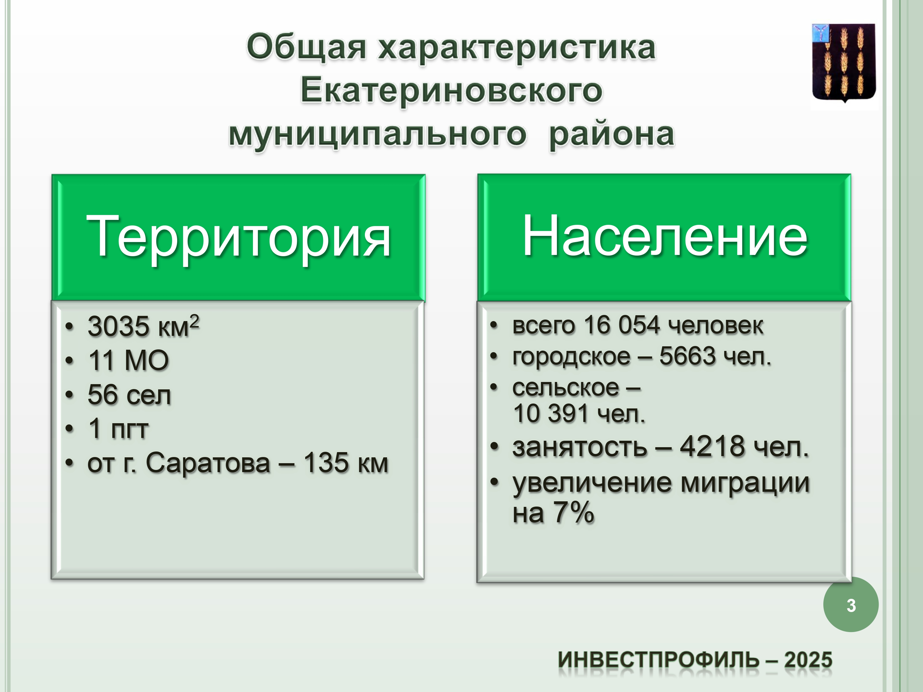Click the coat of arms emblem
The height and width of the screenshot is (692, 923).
tap(843, 63)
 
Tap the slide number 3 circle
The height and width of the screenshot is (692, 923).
tap(851, 605)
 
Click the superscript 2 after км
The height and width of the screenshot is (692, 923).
tap(194, 322)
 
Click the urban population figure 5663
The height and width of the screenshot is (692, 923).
tap(687, 356)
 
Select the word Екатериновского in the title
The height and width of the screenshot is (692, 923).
tap(451, 90)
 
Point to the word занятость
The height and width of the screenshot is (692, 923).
tap(580, 447)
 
